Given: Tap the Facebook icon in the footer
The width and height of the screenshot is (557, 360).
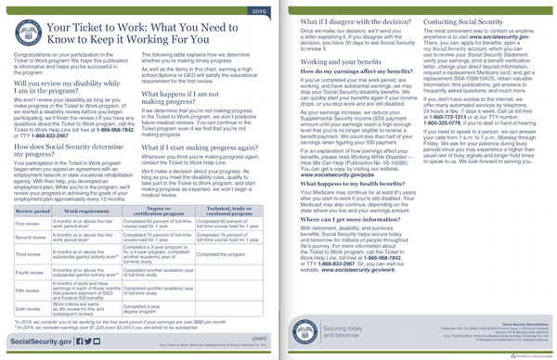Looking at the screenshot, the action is click(x=84, y=341).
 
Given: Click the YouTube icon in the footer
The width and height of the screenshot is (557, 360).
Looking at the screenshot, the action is click(x=111, y=341).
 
